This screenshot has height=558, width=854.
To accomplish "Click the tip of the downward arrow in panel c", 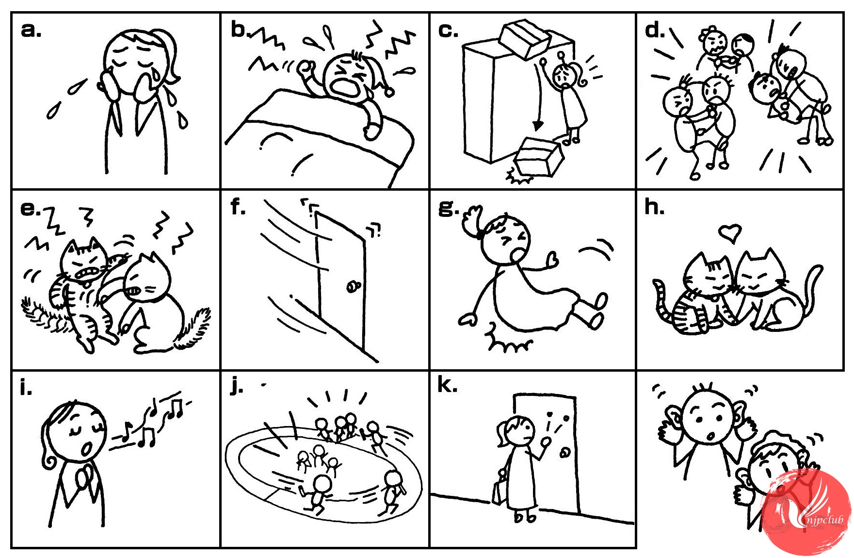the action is [x=537, y=130].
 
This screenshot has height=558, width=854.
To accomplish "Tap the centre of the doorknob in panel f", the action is [x=352, y=286].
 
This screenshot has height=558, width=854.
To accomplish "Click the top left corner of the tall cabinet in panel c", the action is [x=464, y=47].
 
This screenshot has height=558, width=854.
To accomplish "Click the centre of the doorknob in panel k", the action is [x=564, y=453].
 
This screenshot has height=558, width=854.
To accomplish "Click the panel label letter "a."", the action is [x=31, y=30].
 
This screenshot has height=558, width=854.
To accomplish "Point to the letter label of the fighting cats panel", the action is [x=31, y=208].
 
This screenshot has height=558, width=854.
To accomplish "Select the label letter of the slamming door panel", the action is [x=238, y=207].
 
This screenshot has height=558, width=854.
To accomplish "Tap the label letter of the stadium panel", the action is [x=236, y=387].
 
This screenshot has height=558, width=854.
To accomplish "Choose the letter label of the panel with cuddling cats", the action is [x=654, y=207].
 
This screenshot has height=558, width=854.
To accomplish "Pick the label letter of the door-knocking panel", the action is [x=447, y=384].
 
